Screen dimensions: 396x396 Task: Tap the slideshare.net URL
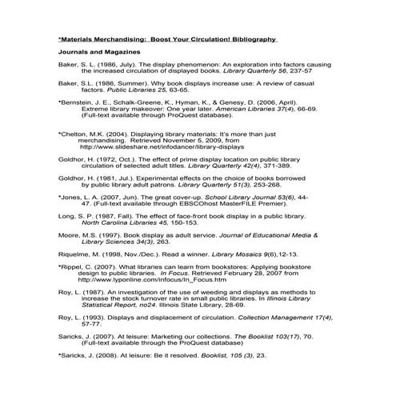coord(160,147)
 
